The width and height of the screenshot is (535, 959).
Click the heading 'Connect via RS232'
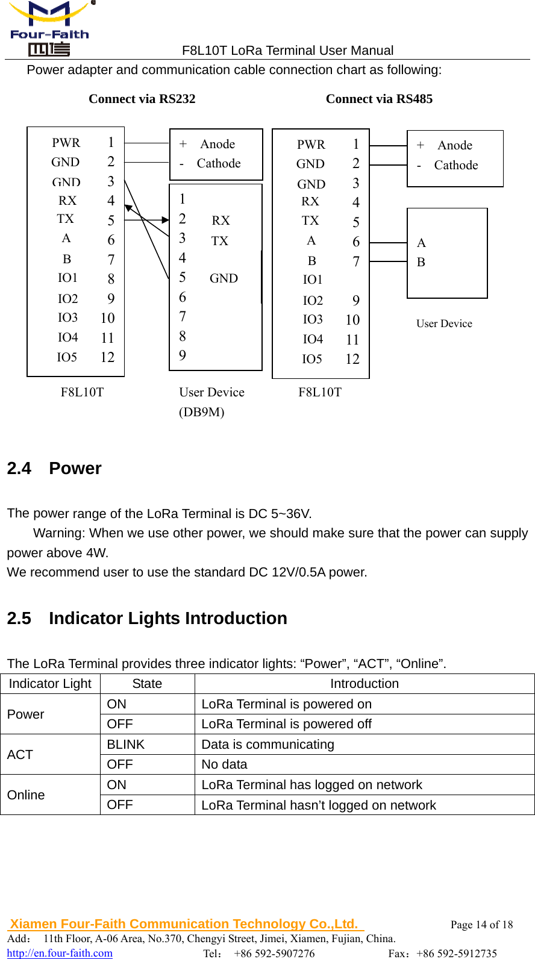click(x=142, y=99)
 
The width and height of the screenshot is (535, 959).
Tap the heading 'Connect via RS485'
click(x=379, y=99)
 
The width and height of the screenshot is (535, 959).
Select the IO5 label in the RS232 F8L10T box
click(x=67, y=357)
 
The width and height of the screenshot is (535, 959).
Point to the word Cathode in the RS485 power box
click(x=455, y=165)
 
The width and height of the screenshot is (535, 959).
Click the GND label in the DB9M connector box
click(x=224, y=278)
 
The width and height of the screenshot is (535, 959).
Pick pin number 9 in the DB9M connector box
click(x=183, y=355)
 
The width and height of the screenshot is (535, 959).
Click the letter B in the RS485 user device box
click(x=421, y=262)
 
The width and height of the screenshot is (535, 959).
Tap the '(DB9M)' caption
click(x=201, y=412)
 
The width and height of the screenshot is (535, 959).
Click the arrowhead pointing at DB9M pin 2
click(x=166, y=220)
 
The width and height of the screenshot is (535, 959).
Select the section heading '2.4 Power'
click(x=54, y=468)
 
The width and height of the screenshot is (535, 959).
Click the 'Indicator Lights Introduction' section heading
click(x=167, y=618)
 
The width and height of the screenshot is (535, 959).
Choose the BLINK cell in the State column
click(x=126, y=745)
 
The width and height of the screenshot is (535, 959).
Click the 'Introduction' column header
click(x=364, y=684)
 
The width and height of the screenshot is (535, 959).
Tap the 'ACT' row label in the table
click(x=20, y=755)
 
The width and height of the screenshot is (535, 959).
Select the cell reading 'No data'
click(x=224, y=764)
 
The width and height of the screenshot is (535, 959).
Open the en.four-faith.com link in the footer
click(x=60, y=953)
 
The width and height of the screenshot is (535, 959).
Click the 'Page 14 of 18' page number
click(x=481, y=925)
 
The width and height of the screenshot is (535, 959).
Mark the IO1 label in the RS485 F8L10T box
click(x=313, y=280)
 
